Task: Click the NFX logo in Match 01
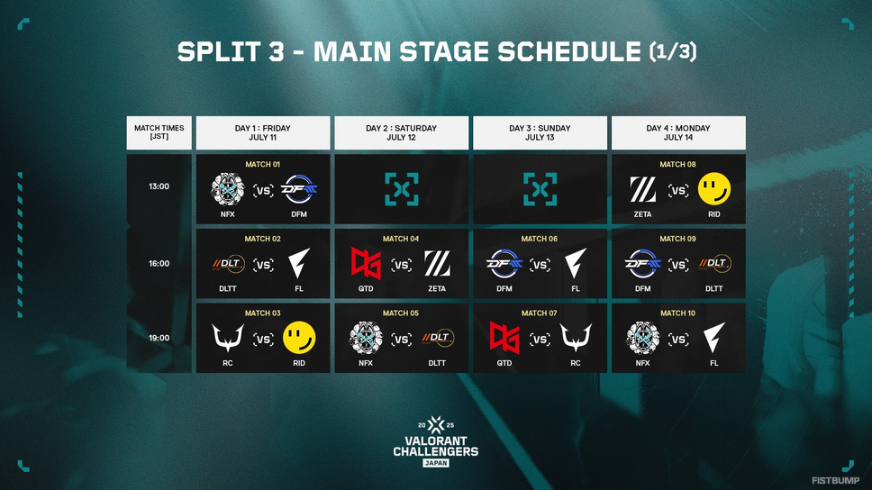227,189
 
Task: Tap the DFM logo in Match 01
299,190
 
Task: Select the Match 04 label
400,239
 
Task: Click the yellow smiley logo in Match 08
714,189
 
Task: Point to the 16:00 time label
159,264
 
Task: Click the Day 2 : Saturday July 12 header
401,132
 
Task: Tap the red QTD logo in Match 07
504,338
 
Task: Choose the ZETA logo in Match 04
437,264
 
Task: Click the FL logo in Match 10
714,338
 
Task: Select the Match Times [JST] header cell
159,132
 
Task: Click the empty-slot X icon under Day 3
540,189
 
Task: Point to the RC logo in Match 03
227,338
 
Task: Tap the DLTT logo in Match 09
714,264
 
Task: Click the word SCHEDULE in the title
569,51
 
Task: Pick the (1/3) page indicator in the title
673,51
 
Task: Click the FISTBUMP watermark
835,480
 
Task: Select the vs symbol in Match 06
540,265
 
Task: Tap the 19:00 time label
159,338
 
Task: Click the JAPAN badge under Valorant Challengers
435,463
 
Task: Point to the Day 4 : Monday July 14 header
678,132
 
